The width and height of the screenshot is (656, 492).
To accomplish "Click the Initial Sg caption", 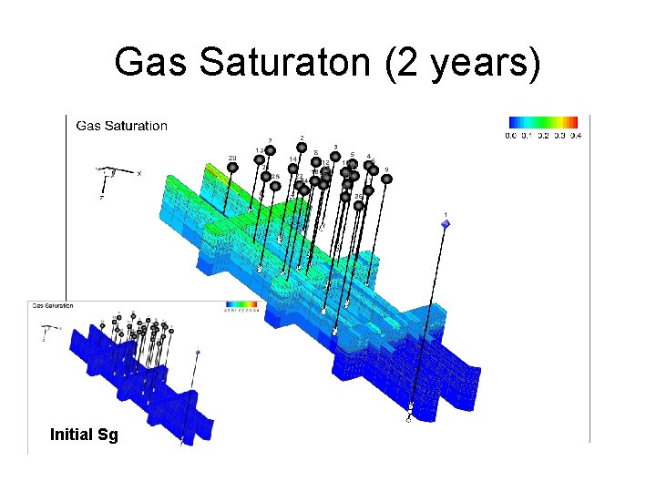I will point(84,435).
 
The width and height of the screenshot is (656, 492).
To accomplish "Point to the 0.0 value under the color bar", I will point(513,136).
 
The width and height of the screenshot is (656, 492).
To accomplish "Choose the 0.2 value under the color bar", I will point(543,136).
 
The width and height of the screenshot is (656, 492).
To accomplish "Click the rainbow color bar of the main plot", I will point(543,123).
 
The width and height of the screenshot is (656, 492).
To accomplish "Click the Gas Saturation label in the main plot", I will point(122,126).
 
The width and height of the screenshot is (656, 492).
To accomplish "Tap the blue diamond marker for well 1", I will point(446,224).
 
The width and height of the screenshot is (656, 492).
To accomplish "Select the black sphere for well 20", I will point(233,168).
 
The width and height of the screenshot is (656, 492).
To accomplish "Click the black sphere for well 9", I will point(386,179).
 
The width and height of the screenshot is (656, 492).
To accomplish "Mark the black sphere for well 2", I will point(302,148).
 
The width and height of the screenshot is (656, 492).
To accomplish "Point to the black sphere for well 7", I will point(271,150).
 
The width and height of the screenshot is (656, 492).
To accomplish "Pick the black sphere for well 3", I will point(335,156).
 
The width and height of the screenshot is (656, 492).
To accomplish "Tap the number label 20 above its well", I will point(232,159).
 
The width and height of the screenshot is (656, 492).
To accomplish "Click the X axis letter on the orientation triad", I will point(138,173).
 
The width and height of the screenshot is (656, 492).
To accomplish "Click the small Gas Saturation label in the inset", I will point(53,306).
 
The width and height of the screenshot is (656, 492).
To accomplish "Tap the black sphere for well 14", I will point(292,169).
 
